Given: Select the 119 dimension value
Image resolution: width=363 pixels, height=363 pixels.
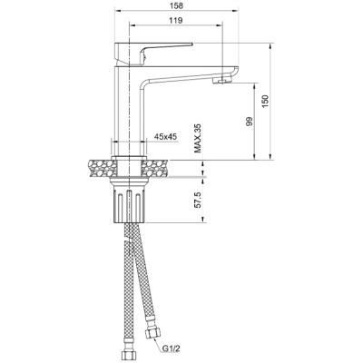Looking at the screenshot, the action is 176,21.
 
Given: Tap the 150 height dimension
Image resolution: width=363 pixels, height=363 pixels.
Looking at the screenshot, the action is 265,102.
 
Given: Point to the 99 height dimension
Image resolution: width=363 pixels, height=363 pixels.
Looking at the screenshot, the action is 250,122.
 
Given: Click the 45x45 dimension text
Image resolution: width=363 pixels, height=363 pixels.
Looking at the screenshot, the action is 165,137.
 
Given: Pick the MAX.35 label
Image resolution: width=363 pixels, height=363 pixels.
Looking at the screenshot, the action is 198,138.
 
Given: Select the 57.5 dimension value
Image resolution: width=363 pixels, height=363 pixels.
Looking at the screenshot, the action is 197,200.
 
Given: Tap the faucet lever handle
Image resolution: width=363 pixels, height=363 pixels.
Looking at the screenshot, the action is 153,54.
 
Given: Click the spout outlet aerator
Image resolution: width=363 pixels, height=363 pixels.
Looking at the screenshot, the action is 222,80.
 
